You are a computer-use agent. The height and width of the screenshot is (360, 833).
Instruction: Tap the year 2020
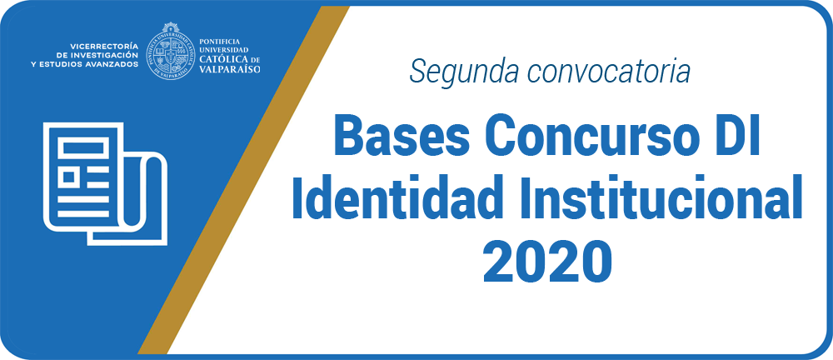coord(547,262)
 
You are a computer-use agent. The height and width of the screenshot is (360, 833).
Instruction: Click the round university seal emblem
coord(171,51)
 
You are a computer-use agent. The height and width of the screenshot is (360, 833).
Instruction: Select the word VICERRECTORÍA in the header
coord(103,47)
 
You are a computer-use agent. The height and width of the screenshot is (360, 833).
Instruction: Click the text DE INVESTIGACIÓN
coord(97,55)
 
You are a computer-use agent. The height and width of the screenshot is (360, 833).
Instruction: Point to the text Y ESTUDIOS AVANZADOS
coord(84,63)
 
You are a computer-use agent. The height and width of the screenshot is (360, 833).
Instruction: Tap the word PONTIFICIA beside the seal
coord(219,41)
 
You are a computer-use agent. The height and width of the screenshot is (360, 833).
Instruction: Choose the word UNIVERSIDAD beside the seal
coord(223,49)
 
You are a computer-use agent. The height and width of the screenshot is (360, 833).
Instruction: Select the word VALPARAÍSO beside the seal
coord(230,68)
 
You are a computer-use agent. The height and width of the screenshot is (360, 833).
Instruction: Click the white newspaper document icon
coord(106,184)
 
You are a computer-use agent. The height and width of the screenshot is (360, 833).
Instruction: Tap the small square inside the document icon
coord(68,177)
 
